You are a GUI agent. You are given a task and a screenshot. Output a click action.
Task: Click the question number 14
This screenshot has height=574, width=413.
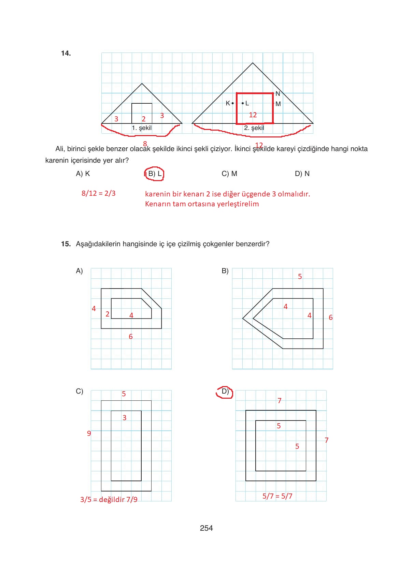click(66, 53)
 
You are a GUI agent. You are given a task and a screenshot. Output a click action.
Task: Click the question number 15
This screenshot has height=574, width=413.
click(66, 244)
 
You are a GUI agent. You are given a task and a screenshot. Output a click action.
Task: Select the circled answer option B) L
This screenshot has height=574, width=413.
click(154, 174)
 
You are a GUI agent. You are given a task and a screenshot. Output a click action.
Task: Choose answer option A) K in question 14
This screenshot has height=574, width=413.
click(83, 174)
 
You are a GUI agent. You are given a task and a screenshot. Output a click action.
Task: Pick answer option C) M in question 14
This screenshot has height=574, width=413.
click(229, 174)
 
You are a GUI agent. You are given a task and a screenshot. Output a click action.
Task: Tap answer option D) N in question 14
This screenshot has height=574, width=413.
click(302, 174)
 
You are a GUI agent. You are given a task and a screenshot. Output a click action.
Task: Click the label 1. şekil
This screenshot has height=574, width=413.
click(142, 128)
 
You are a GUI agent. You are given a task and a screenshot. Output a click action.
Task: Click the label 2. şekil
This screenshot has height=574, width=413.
click(254, 128)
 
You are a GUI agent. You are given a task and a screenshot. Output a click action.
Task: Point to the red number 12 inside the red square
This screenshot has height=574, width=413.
click(253, 115)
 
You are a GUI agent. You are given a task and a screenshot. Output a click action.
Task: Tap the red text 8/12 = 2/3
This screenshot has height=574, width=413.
click(98, 193)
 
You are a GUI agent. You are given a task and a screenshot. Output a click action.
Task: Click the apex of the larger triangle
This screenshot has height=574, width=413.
click(253, 63)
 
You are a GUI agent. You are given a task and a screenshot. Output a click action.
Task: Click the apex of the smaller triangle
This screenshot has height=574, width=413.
click(142, 84)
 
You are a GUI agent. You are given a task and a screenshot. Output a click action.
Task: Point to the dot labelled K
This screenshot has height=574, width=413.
click(233, 103)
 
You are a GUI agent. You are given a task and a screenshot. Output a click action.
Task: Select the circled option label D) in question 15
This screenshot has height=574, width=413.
click(225, 391)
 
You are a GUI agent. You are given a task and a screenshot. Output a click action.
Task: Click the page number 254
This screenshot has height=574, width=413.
click(206, 528)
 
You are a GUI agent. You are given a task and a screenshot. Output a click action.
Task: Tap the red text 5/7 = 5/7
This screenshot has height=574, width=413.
click(277, 496)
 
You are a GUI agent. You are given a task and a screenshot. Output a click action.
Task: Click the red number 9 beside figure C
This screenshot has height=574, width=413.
click(89, 433)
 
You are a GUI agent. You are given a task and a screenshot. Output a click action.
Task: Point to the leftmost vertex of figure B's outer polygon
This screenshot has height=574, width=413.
click(243, 319)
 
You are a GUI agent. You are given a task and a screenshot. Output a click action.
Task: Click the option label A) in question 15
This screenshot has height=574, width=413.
click(79, 271)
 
